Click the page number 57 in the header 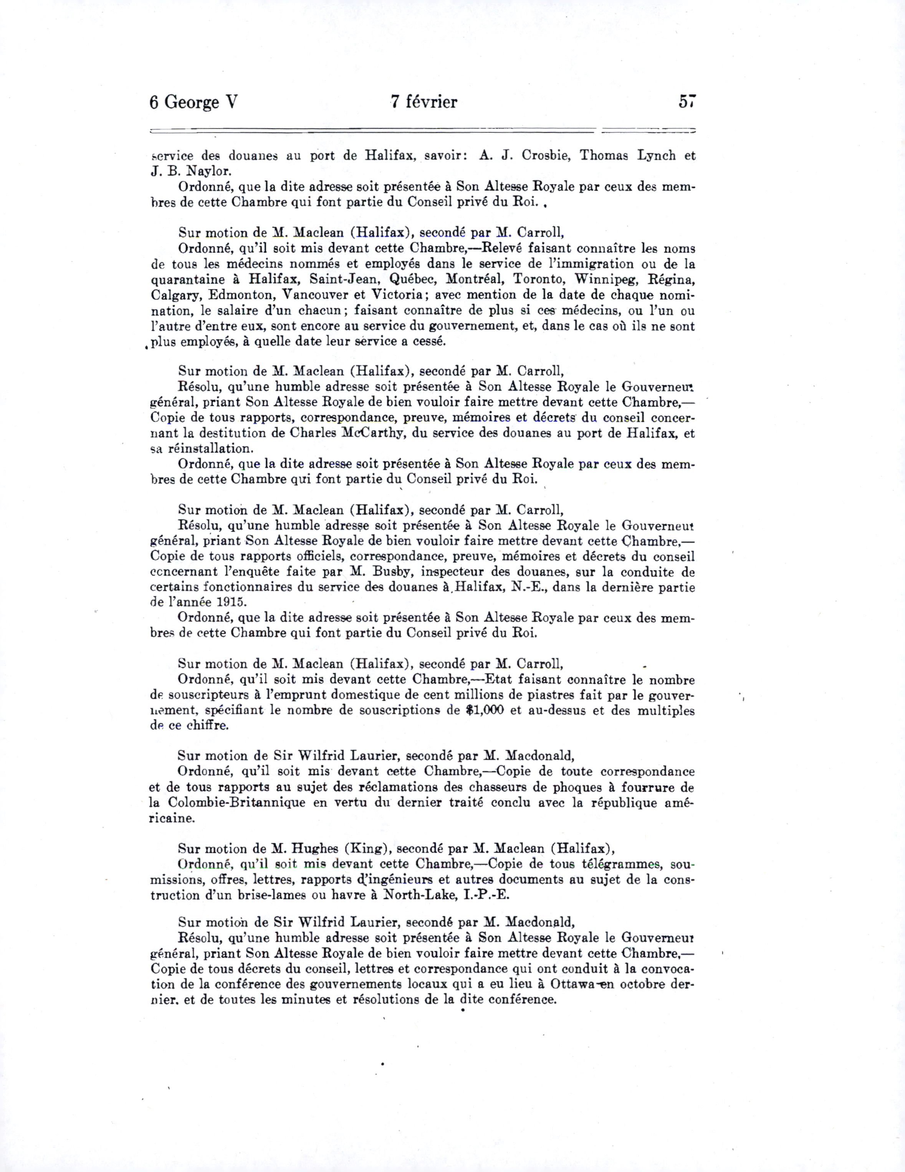point(687,101)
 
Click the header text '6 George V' point(193,102)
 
